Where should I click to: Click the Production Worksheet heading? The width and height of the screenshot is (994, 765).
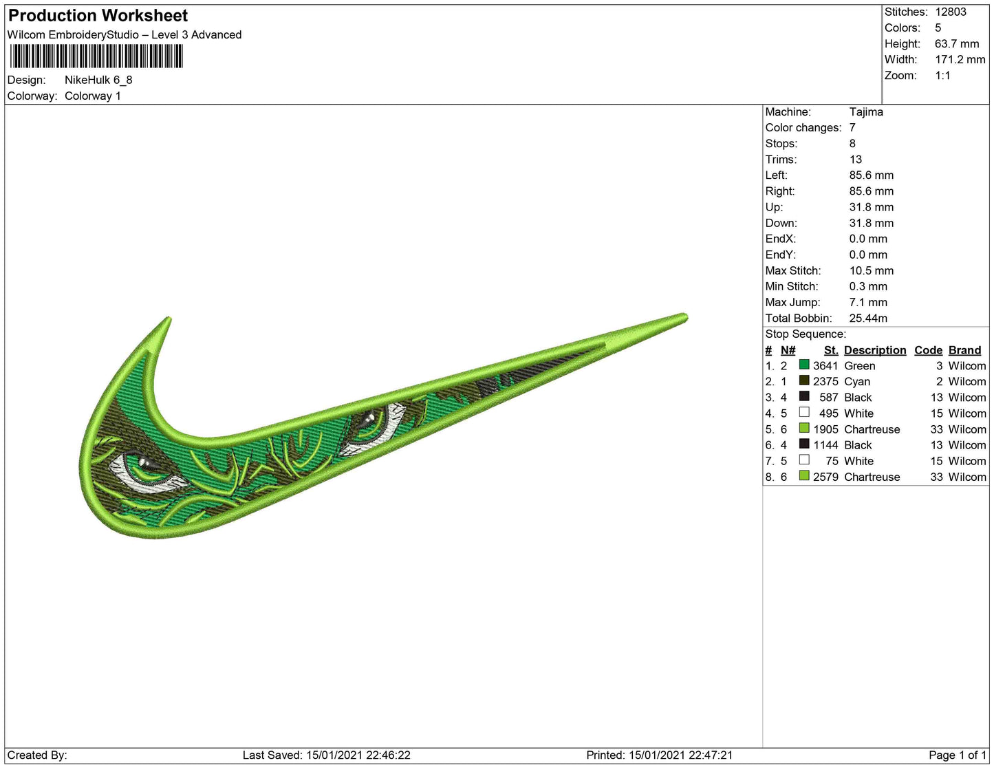pyautogui.click(x=98, y=16)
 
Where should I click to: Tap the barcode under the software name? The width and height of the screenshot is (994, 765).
pyautogui.click(x=96, y=56)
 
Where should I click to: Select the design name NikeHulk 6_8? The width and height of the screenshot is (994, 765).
pyautogui.click(x=98, y=80)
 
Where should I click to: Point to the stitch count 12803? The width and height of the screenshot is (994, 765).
pyautogui.click(x=950, y=12)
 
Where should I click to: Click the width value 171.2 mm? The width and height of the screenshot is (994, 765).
pyautogui.click(x=960, y=59)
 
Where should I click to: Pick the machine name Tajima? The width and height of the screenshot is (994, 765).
pyautogui.click(x=866, y=112)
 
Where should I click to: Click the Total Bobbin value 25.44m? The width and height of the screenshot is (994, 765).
pyautogui.click(x=867, y=319)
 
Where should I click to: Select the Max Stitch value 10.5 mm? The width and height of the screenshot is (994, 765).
pyautogui.click(x=872, y=270)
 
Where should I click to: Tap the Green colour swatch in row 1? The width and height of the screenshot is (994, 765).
pyautogui.click(x=803, y=365)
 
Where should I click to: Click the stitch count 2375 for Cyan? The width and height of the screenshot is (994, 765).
pyautogui.click(x=825, y=381)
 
